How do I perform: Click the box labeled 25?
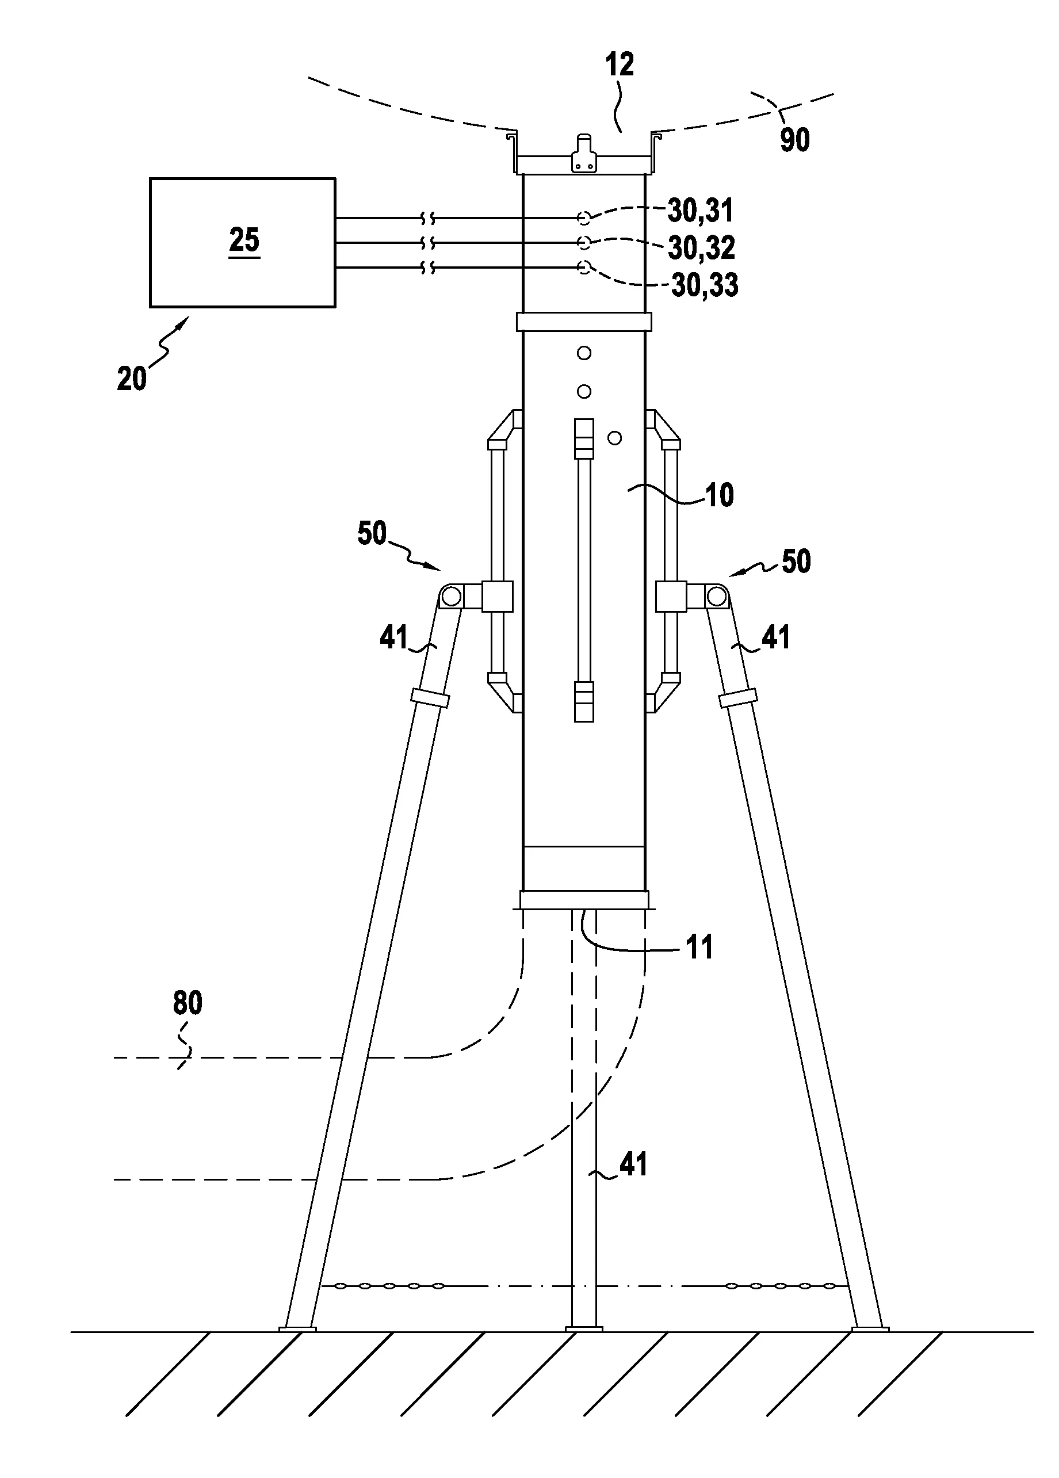click(x=242, y=242)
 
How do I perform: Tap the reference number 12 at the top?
click(x=619, y=64)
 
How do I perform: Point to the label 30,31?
click(x=701, y=210)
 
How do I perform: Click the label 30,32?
click(x=702, y=247)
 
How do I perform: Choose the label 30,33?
click(x=705, y=284)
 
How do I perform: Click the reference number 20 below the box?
click(x=132, y=378)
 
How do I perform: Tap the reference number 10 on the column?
click(x=720, y=495)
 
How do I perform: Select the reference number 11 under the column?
click(x=700, y=947)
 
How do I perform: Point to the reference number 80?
click(x=188, y=1003)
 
